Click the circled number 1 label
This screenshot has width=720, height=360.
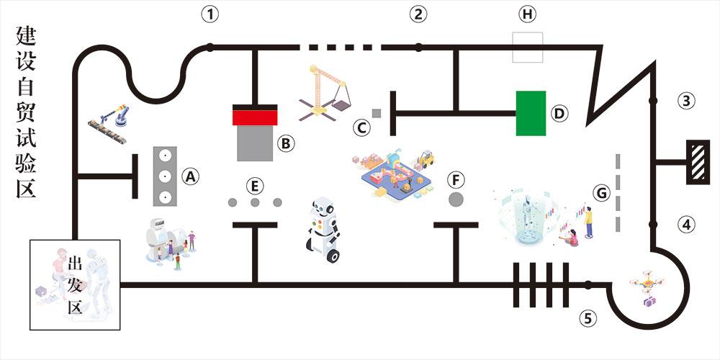pyautogui.click(x=210, y=14)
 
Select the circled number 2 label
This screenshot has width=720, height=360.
pyautogui.click(x=418, y=14)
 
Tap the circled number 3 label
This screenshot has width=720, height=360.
pyautogui.click(x=688, y=101)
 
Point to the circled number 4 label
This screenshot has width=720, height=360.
pyautogui.click(x=688, y=225)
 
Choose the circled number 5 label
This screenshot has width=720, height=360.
pyautogui.click(x=589, y=317)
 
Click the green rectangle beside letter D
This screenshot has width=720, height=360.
pyautogui.click(x=531, y=113)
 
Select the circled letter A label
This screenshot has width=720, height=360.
pyautogui.click(x=190, y=175)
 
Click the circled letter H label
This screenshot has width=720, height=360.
pyautogui.click(x=528, y=14)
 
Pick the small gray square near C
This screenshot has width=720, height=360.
pyautogui.click(x=376, y=113)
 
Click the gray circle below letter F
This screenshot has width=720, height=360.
pyautogui.click(x=456, y=199)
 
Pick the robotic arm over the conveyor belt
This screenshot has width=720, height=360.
pyautogui.click(x=112, y=121)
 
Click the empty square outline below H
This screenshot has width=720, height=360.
pyautogui.click(x=527, y=47)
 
